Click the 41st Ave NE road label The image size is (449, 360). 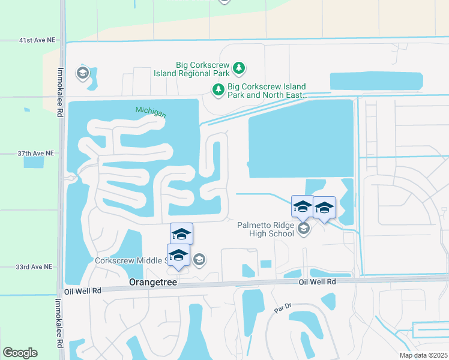click(x=37, y=40)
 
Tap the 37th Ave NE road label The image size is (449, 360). click(x=37, y=154)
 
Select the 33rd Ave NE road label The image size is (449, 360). click(x=35, y=266)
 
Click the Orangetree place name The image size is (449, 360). click(x=154, y=281)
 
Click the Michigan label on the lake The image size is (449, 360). click(x=150, y=111)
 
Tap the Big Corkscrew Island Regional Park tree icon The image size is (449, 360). click(x=239, y=68)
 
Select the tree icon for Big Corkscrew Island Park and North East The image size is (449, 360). click(x=217, y=90)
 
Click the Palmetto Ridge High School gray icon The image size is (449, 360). click(x=304, y=228)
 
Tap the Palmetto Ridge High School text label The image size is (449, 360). click(x=265, y=229)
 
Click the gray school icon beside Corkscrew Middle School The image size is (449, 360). click(x=199, y=260)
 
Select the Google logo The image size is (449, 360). click(x=20, y=353)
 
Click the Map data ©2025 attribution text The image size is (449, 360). click(x=424, y=355)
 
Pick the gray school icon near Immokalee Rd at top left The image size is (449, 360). click(x=82, y=73)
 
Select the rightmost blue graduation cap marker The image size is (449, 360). click(x=324, y=208)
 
